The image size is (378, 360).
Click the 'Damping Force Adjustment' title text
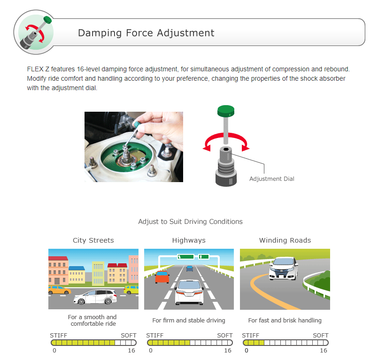(x=146, y=33)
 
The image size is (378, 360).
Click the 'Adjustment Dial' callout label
(x=272, y=179)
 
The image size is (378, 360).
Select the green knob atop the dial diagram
(x=226, y=111)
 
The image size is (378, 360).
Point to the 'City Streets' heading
(x=93, y=240)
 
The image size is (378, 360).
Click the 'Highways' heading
(x=189, y=240)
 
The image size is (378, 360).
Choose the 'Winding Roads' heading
(x=285, y=240)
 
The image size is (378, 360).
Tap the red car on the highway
(x=162, y=277)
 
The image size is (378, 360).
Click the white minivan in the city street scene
(x=95, y=297)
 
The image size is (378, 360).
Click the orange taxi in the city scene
(x=59, y=290)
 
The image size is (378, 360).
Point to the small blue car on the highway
(x=190, y=268)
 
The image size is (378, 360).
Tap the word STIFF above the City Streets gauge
(x=59, y=336)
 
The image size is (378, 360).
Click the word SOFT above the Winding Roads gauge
(x=321, y=336)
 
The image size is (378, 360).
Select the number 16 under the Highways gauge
(x=228, y=350)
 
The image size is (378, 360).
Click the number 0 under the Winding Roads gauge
(x=247, y=350)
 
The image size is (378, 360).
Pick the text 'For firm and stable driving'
(x=189, y=320)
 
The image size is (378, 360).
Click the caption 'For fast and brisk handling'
(x=285, y=320)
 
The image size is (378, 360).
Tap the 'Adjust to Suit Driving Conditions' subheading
(x=191, y=222)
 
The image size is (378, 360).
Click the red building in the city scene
(x=58, y=270)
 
